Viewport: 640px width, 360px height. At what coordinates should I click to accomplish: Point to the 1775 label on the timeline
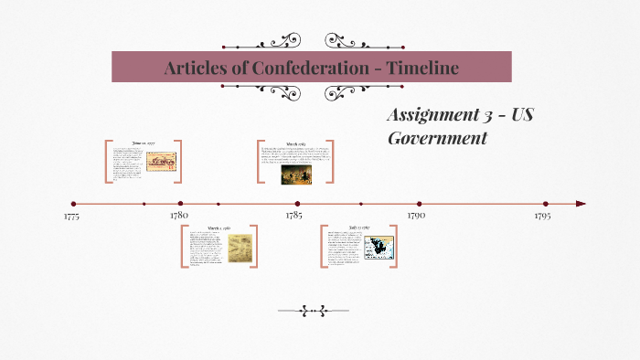coord(73,217)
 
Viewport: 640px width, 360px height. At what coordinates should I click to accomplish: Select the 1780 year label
coord(179,216)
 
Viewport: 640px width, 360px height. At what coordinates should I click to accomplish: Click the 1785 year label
coord(294,216)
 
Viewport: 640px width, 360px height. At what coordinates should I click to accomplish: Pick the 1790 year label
coord(416,216)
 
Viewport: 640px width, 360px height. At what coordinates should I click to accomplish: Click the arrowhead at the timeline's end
coord(581,204)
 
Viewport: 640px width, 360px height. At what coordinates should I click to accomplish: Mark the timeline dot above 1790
coord(419,204)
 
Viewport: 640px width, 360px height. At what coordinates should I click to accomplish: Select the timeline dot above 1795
coord(546,204)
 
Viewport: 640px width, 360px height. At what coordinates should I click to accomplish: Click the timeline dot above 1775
coord(73,204)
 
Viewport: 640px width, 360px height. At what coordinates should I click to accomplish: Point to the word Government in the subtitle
coord(437,138)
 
